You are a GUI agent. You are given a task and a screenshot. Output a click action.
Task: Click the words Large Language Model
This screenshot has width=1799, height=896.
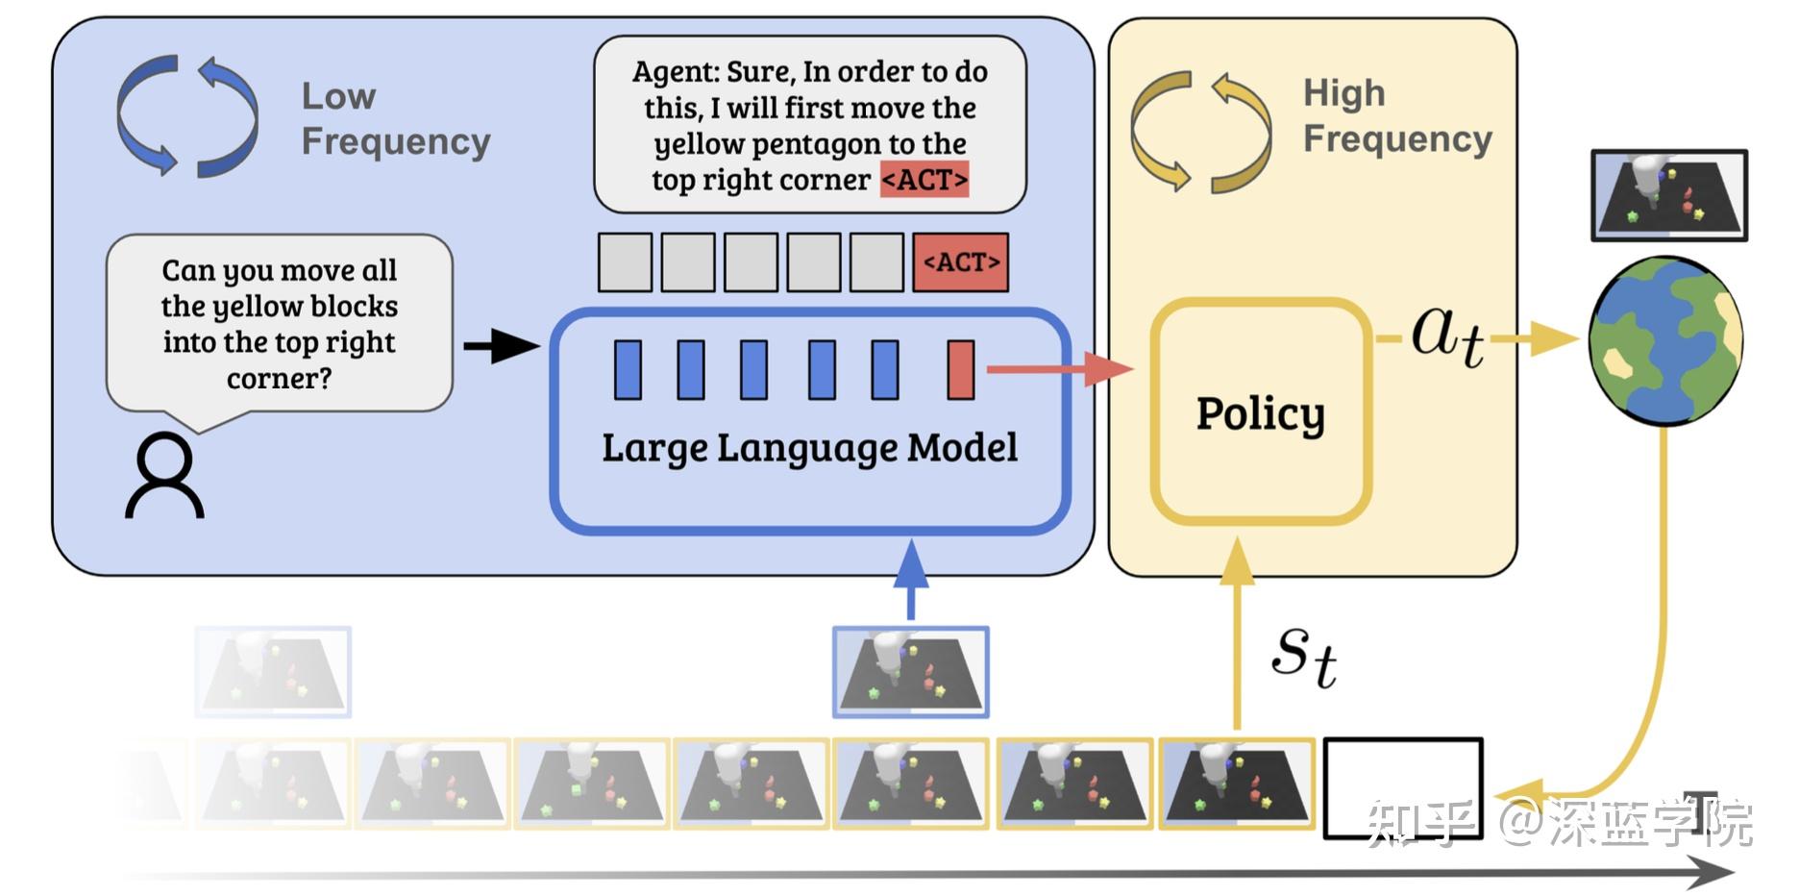click(809, 448)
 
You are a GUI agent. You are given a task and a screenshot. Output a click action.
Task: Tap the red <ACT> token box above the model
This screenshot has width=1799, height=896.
click(960, 262)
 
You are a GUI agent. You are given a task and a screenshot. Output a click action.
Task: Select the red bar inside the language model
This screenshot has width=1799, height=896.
click(960, 369)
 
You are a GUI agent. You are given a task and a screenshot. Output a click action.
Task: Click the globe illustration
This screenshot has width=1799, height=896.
click(1665, 340)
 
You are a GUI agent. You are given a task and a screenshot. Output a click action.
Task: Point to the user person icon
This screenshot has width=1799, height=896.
click(164, 475)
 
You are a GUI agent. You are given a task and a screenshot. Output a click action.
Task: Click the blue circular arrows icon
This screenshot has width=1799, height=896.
click(187, 116)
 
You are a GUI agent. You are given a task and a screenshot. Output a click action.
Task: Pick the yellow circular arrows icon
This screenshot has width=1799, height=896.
click(1200, 132)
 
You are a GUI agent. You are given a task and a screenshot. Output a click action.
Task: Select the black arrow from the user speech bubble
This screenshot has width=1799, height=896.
click(500, 346)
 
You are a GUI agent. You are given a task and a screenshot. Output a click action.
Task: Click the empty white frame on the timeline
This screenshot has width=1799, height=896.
click(1403, 788)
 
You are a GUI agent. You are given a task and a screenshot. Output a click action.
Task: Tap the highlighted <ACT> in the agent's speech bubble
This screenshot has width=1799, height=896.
click(924, 180)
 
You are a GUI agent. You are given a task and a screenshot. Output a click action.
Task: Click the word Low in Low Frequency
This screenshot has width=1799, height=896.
click(338, 96)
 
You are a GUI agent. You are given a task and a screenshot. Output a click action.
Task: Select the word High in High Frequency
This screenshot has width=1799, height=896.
click(1343, 93)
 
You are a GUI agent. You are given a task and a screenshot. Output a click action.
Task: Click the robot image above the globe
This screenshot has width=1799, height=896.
click(1668, 195)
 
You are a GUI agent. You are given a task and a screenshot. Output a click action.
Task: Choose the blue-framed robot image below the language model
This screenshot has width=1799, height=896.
click(910, 672)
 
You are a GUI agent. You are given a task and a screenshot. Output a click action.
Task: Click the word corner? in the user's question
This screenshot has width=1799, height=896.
click(279, 379)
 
